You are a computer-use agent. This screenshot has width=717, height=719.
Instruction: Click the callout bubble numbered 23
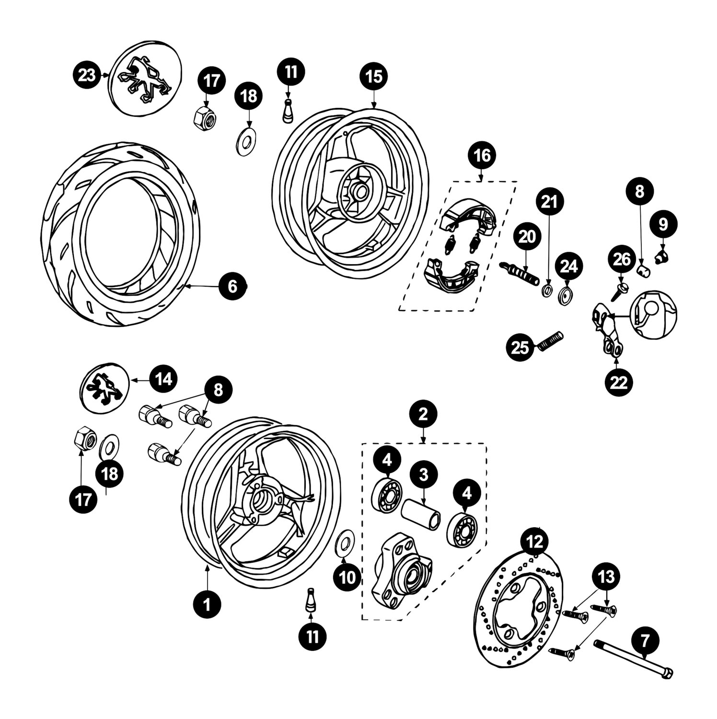click(x=87, y=76)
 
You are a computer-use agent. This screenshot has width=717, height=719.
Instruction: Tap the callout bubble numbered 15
click(x=374, y=76)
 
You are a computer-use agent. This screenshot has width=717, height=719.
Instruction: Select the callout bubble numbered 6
click(x=232, y=287)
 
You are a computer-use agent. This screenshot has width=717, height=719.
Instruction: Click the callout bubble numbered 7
click(x=645, y=639)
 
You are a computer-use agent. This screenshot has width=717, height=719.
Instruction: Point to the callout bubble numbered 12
click(x=535, y=541)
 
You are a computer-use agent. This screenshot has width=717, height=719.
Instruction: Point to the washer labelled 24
click(x=565, y=296)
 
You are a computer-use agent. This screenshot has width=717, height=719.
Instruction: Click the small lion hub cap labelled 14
click(x=104, y=388)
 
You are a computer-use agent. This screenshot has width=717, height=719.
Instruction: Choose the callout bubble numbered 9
click(x=663, y=223)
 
